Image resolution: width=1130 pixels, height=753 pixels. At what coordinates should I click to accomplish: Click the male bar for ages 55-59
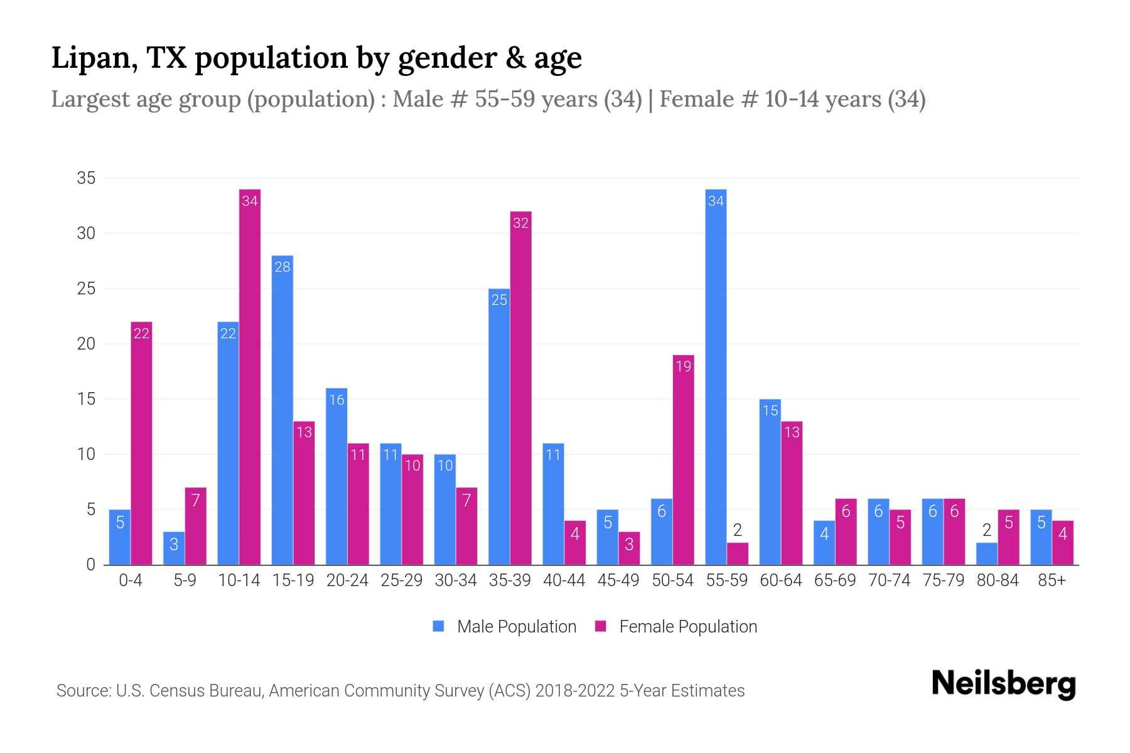[716, 376]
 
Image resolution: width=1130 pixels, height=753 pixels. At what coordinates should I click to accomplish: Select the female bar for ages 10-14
[250, 376]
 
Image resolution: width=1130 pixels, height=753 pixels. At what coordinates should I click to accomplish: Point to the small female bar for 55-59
[737, 554]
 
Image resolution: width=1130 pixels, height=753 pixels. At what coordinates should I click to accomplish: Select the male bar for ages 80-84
[986, 554]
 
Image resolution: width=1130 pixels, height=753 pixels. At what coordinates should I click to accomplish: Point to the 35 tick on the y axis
[86, 178]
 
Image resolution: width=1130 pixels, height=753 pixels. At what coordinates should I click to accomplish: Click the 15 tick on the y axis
[86, 399]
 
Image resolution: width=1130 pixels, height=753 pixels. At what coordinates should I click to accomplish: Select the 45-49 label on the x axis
[618, 580]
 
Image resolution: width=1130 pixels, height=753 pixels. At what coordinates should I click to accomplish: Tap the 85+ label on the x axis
[1052, 580]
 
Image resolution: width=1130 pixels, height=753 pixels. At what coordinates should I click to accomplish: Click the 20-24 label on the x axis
[347, 580]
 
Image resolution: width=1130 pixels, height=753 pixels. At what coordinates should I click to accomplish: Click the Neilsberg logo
[1003, 684]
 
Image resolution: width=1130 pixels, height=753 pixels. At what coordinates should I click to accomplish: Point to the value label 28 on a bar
[282, 267]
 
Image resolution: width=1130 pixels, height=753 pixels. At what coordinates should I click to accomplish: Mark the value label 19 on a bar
[683, 366]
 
